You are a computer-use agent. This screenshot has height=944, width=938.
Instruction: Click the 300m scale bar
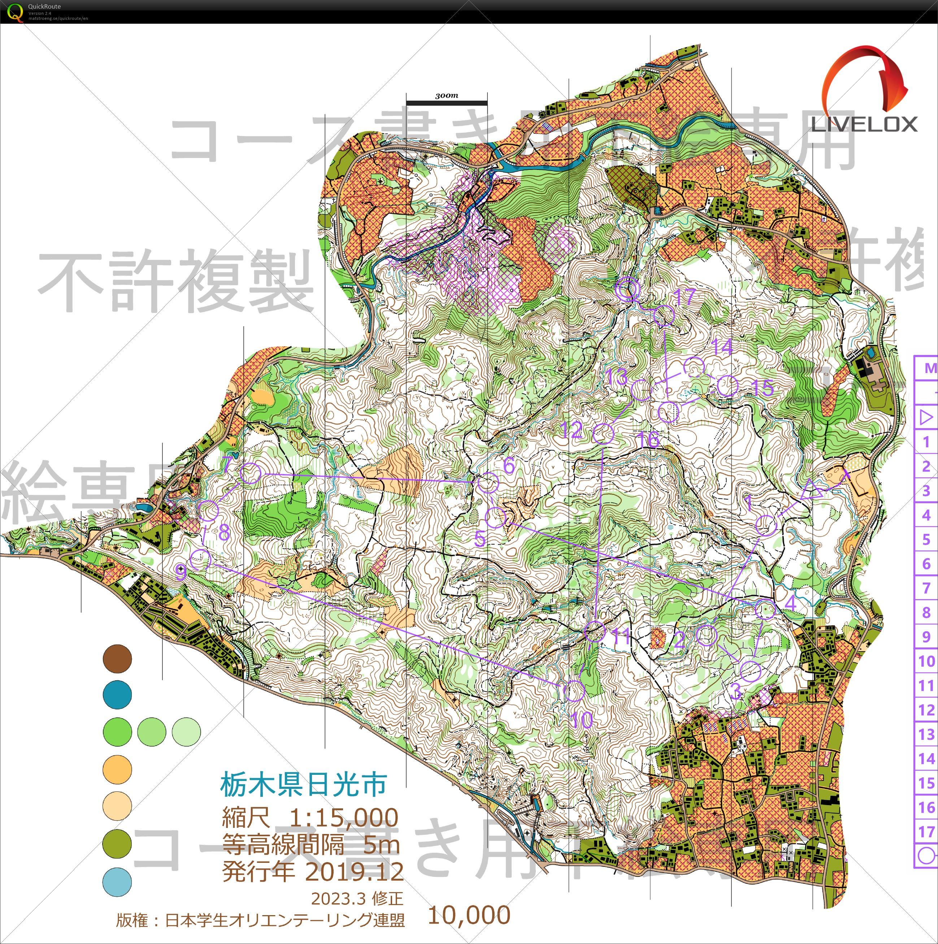point(447,102)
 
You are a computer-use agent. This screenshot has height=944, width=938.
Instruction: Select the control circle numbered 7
point(251,474)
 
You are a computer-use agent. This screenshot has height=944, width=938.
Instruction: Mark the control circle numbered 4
point(765,610)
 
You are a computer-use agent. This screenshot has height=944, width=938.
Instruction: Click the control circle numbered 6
point(487,483)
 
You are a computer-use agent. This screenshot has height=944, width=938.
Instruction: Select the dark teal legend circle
point(117,694)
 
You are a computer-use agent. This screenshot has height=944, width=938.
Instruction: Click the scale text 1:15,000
point(344,817)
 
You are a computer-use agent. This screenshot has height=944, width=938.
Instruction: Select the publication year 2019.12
point(355,871)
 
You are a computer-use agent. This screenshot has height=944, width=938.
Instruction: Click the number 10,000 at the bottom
point(469,915)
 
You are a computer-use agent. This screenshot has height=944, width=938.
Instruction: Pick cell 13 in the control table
point(926,734)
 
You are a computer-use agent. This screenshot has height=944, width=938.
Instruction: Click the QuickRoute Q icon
point(16,12)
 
